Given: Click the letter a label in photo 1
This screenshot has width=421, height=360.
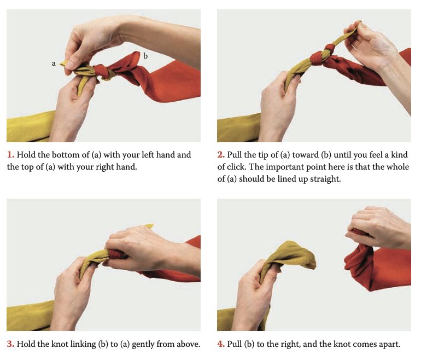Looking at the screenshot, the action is [x=54, y=63].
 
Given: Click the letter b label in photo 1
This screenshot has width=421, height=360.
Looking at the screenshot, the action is [x=145, y=56].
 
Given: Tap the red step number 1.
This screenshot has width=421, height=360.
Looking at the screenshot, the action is [x=10, y=155].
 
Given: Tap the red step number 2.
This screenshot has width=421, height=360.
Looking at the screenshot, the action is [x=221, y=155].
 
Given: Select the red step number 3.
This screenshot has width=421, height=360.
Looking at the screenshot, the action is [x=10, y=344].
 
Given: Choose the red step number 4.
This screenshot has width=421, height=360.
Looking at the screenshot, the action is [x=221, y=344].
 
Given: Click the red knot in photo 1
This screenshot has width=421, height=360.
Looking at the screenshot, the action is [x=102, y=72].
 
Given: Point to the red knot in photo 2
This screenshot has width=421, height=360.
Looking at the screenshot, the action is [x=322, y=55].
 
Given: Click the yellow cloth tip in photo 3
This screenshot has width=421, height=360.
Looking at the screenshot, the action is [x=149, y=226].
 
